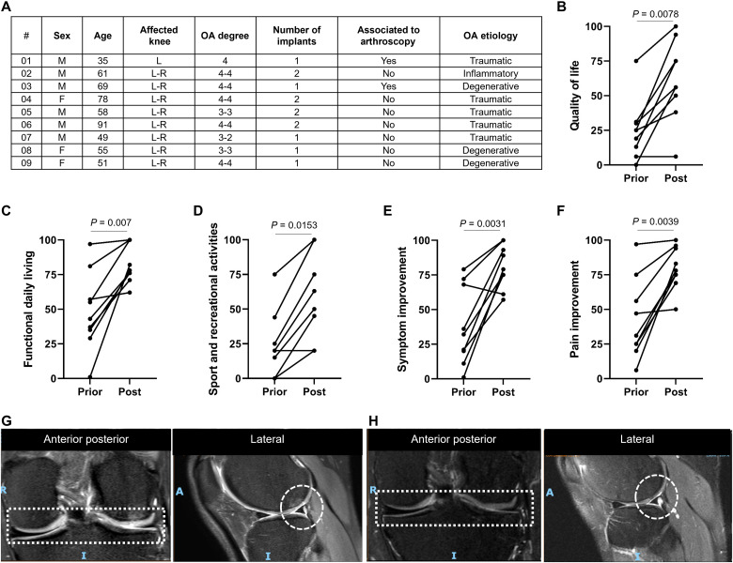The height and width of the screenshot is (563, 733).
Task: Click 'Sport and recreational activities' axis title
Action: pyautogui.click(x=203, y=308)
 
